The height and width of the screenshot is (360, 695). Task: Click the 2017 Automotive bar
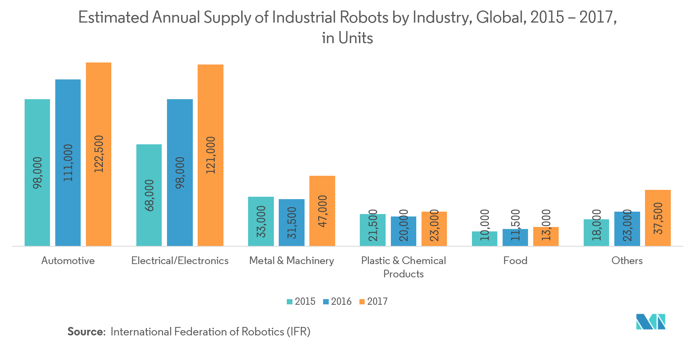98,101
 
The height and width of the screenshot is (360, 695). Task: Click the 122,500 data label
99,154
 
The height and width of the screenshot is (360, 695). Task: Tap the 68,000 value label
149,196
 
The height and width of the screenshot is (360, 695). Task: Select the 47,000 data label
323,211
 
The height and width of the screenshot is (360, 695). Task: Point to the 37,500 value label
658,218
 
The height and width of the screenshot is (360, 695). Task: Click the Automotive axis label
68,261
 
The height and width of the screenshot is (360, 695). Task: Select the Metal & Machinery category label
292,261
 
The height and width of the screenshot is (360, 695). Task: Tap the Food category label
515,261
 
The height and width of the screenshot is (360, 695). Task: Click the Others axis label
627,261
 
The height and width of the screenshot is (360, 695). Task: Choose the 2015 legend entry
301,302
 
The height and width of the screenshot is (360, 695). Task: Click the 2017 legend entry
373,302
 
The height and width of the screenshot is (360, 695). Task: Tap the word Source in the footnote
86,332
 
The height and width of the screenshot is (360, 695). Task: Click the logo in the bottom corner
650,322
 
